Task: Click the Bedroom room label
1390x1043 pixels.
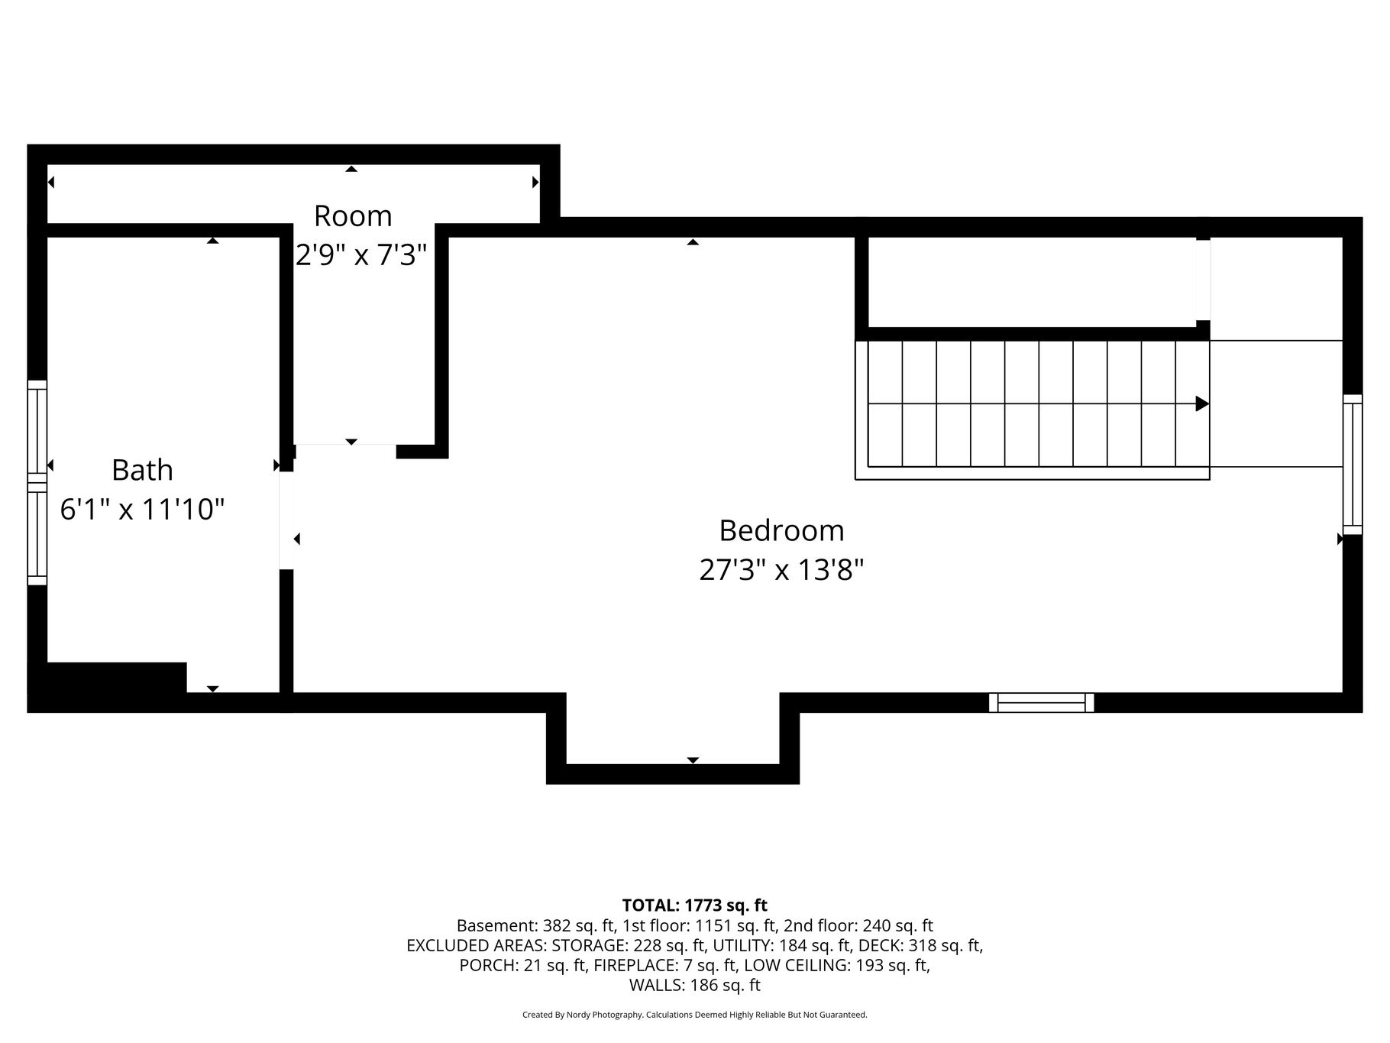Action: [781, 530]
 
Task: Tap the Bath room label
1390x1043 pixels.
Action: [142, 470]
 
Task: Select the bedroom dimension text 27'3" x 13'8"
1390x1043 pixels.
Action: [781, 569]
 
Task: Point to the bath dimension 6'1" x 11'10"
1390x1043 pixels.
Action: [142, 509]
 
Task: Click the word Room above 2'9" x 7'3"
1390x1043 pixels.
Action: [353, 216]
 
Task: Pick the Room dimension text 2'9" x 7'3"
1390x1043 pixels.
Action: [360, 254]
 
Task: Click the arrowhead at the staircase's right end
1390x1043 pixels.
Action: [1202, 403]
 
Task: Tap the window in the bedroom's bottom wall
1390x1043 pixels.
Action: [1041, 702]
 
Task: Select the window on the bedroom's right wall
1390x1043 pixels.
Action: [1353, 465]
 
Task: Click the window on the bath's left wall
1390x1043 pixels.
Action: [37, 483]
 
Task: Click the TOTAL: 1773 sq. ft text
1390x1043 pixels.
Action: [694, 905]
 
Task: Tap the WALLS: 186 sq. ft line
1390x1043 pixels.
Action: [694, 985]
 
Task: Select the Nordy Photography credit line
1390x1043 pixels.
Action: [694, 1015]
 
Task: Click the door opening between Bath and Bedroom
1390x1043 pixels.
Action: [286, 520]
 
